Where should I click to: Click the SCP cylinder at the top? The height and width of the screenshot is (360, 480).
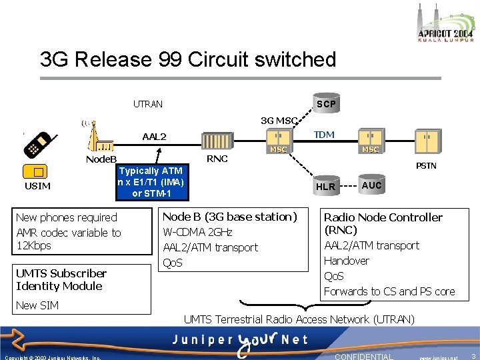326,103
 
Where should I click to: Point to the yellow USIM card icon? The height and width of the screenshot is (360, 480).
37,171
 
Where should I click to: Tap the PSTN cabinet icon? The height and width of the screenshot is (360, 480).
426,142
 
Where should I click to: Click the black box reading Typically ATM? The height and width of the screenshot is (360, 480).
151,182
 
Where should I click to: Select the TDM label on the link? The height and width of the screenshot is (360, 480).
324,135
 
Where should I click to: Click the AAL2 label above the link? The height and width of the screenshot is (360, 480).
155,137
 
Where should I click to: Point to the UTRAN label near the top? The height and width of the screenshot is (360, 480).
147,104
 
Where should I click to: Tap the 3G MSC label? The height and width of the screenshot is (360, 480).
279,121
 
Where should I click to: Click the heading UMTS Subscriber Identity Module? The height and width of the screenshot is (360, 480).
61,279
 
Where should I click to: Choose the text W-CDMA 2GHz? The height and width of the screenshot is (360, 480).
197,232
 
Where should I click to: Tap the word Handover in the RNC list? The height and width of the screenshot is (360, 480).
346,261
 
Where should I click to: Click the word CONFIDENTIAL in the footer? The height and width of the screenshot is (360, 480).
363,356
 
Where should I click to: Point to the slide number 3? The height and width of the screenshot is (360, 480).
472,356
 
